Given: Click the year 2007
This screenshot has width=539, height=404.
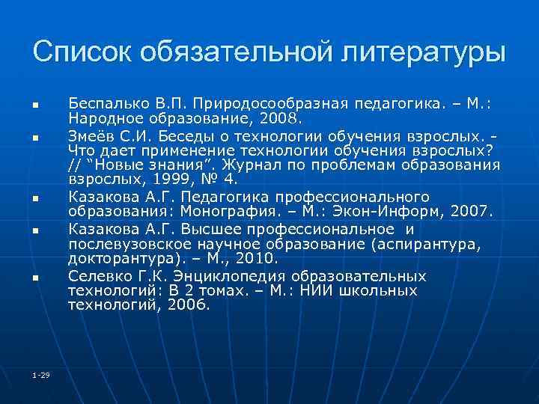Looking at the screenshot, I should point(471,211).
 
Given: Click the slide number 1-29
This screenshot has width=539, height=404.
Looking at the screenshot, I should point(41,375).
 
